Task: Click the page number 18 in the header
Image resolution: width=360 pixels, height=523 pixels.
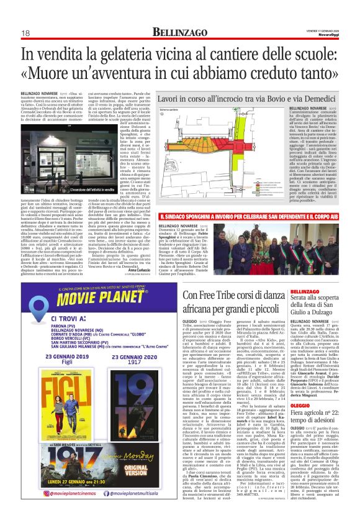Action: [x=25, y=33]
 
